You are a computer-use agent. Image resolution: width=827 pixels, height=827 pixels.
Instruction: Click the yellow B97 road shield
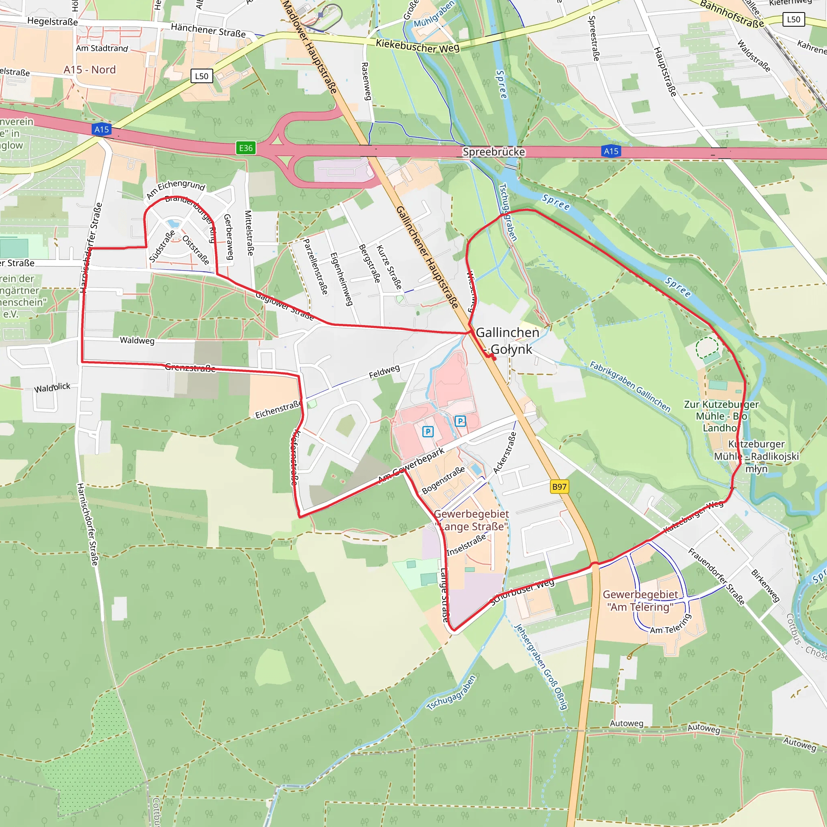point(559,487)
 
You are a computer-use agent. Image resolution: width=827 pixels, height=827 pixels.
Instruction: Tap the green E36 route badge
point(246,148)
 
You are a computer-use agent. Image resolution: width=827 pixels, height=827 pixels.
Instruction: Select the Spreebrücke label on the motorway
point(493,152)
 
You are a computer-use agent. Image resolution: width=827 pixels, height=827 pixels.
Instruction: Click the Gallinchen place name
point(507,333)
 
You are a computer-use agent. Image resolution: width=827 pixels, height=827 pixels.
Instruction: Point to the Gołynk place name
point(511,349)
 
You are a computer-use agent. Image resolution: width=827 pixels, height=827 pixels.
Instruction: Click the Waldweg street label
point(137,340)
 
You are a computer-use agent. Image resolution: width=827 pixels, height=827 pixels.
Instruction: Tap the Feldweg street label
point(384,372)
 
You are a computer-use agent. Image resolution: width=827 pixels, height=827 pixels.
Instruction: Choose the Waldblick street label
point(52,388)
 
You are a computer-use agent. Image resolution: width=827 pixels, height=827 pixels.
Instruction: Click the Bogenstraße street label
point(443,480)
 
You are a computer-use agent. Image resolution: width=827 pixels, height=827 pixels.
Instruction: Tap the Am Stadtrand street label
point(102,48)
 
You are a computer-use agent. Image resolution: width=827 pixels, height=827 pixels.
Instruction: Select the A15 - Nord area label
point(90,70)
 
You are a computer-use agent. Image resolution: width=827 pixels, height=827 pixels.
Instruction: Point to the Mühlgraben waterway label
point(433,15)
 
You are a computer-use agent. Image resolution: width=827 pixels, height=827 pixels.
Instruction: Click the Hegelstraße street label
point(52,21)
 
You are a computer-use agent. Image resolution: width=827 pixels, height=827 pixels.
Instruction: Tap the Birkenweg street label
point(765,585)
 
